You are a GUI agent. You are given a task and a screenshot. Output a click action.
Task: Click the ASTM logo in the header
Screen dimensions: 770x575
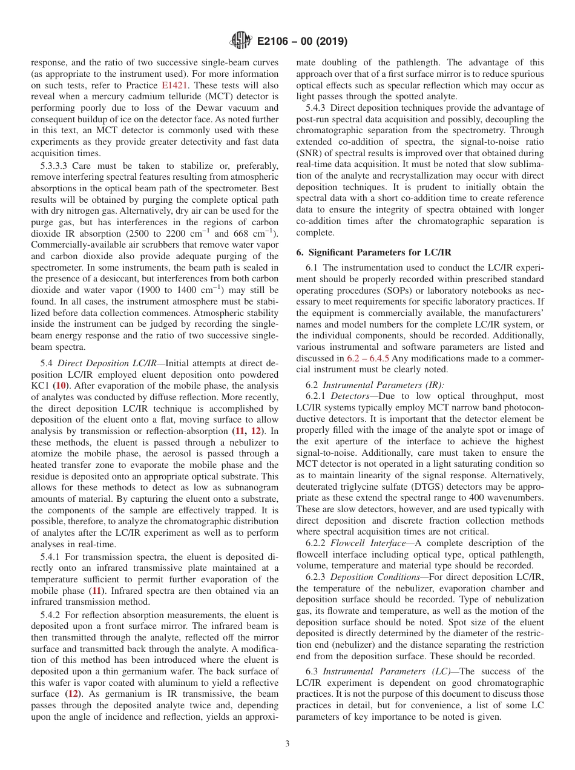tap(241, 42)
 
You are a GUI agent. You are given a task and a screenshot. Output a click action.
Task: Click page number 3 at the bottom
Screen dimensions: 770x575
tap(287, 744)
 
